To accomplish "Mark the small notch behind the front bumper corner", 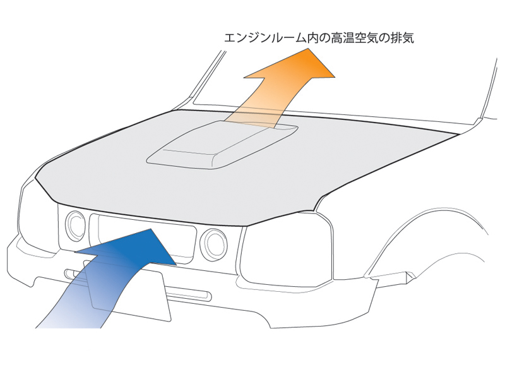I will pyautogui.click(x=398, y=276).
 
